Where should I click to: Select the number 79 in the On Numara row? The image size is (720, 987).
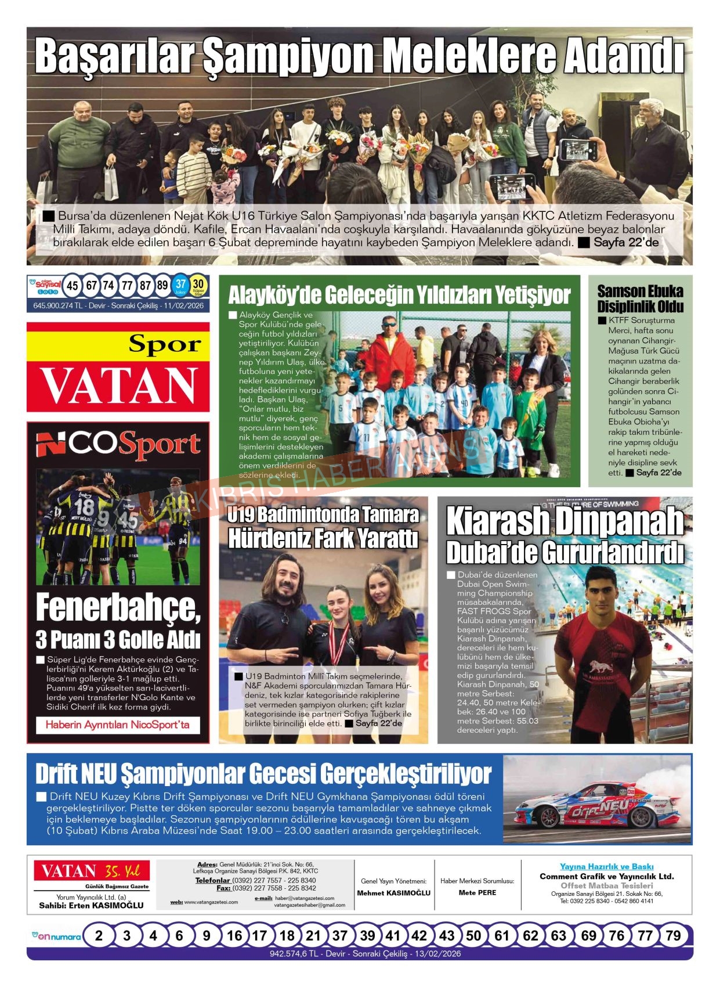673,935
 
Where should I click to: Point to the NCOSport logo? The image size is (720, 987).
118,445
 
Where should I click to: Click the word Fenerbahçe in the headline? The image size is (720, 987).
118,608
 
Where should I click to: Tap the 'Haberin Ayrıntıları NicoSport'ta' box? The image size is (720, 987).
118,725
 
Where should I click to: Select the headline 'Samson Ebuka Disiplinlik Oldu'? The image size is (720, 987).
640,298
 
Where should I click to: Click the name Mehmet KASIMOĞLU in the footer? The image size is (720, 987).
394,893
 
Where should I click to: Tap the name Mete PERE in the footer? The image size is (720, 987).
477,893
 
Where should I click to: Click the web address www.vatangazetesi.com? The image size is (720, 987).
211,902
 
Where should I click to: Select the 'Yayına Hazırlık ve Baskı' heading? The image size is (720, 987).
606,866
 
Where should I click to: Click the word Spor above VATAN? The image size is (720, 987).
165,344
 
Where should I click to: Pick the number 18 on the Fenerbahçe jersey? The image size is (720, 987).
84,506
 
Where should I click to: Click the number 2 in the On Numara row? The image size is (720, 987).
99,935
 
